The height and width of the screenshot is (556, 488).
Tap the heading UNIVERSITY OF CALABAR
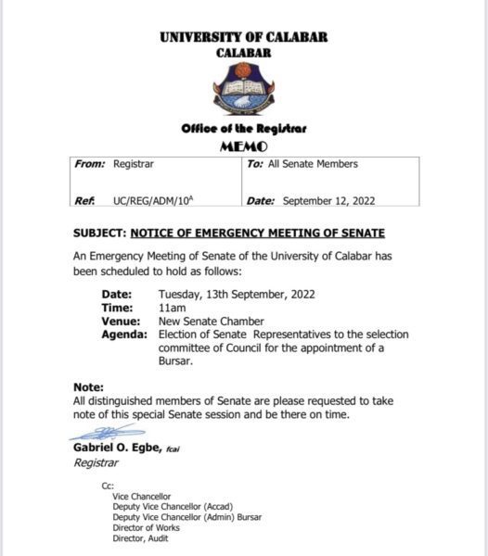pyautogui.click(x=243, y=38)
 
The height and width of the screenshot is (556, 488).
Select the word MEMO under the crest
pyautogui.click(x=243, y=146)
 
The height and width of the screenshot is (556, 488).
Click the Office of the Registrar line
pyautogui.click(x=243, y=131)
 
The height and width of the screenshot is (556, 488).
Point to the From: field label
pyautogui.click(x=90, y=164)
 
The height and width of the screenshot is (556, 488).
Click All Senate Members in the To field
pyautogui.click(x=313, y=164)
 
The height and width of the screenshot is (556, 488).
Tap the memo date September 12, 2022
pyautogui.click(x=328, y=200)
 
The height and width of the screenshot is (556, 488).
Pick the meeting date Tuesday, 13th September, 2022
pyautogui.click(x=237, y=294)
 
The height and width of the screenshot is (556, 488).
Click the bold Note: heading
pyautogui.click(x=89, y=386)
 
